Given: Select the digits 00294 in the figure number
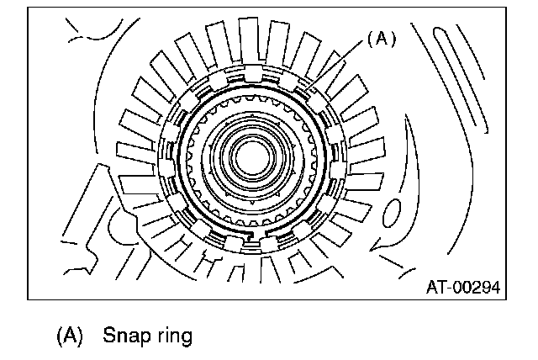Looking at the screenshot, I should point(475,288).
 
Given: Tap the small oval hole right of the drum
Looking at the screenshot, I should point(393,214).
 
